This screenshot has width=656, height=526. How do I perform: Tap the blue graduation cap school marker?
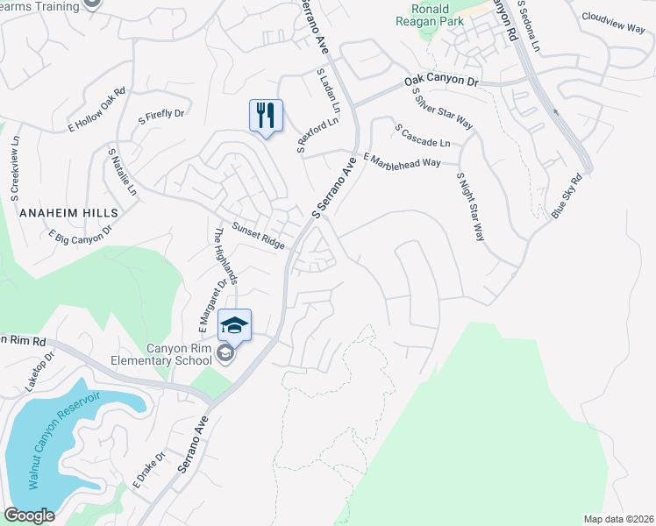(x=234, y=325)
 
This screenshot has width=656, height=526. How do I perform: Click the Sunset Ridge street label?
(x=258, y=235)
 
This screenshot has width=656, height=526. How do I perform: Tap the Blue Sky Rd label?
(x=567, y=197)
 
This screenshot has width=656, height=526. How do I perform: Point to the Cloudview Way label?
(x=613, y=21)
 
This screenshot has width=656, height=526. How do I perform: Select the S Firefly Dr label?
(x=161, y=114)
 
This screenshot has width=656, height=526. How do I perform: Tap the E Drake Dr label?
(x=148, y=470)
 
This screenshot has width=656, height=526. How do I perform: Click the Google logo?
(x=30, y=515)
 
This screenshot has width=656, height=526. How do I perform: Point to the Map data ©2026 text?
(x=617, y=518)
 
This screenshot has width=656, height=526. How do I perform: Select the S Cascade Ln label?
(x=423, y=134)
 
